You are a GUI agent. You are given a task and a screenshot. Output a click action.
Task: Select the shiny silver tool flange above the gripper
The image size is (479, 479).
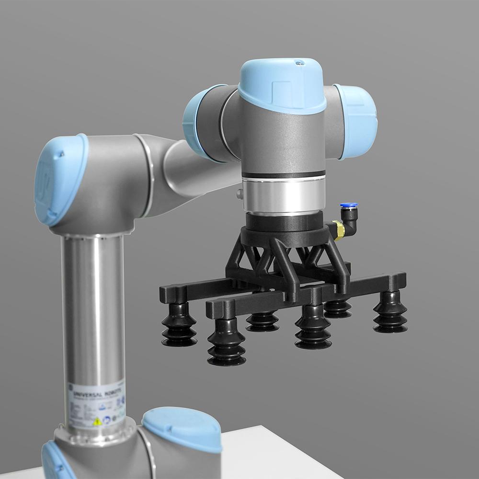(x=283, y=194)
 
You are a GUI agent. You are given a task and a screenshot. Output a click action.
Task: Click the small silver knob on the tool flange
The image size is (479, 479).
(x=239, y=194)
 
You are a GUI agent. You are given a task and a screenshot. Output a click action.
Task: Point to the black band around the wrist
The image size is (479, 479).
(x=283, y=174)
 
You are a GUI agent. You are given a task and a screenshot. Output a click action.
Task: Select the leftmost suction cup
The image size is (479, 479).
(x=179, y=326)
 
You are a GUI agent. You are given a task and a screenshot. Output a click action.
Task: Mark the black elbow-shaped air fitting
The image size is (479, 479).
(x=351, y=218)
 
